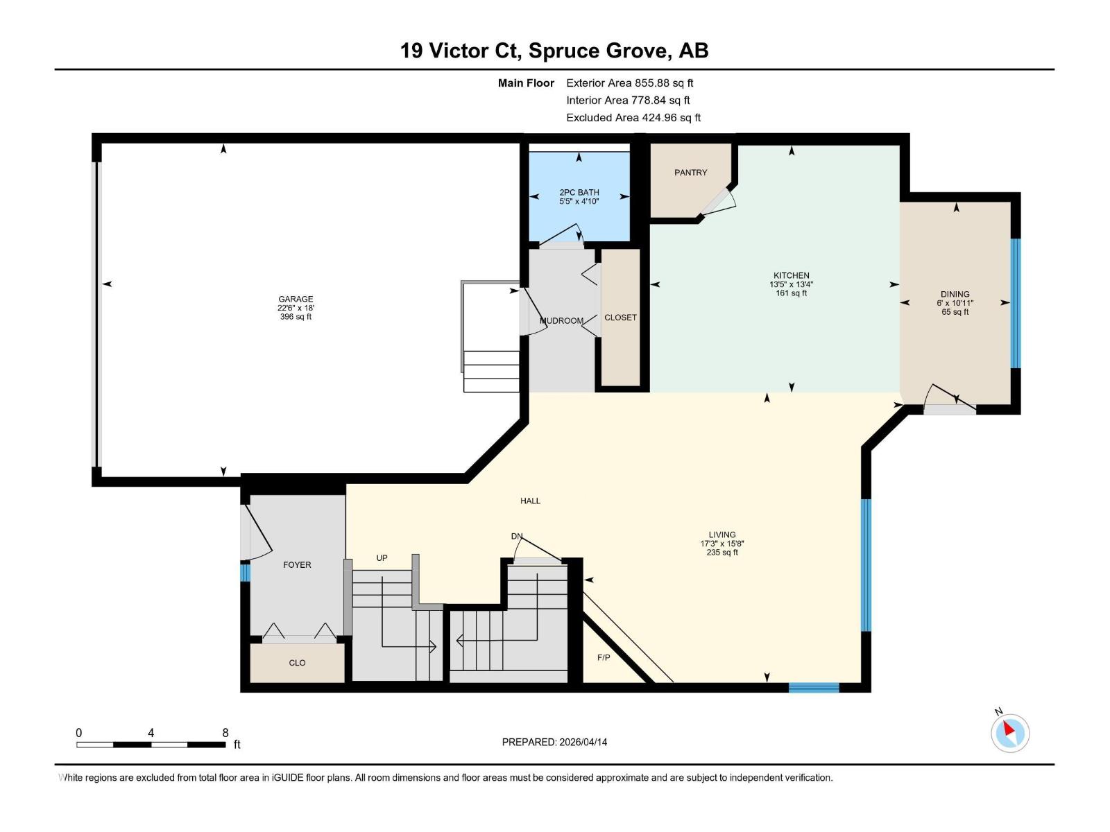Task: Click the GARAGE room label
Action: (296, 300)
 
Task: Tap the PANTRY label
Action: (690, 173)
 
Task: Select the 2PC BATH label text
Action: (579, 193)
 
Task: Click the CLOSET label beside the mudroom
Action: (620, 318)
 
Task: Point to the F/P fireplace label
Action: (604, 657)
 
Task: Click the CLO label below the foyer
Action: (297, 663)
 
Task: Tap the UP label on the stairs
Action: (382, 558)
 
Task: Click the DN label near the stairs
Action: (516, 536)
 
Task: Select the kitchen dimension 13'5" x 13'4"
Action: (791, 284)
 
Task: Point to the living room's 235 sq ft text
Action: (722, 553)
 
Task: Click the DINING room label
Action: (955, 294)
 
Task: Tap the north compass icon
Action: (1009, 732)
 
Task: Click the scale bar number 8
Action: (225, 733)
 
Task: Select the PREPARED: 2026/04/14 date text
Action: (554, 742)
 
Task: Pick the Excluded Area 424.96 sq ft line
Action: (633, 118)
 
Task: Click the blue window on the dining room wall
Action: (1016, 303)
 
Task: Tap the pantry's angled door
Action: (719, 201)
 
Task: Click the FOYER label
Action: (297, 565)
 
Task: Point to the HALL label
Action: (530, 501)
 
